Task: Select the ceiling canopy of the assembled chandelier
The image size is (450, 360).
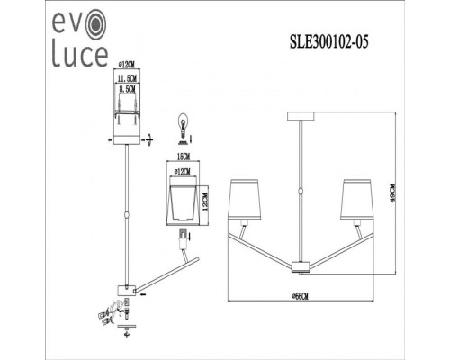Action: pos(300,114)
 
